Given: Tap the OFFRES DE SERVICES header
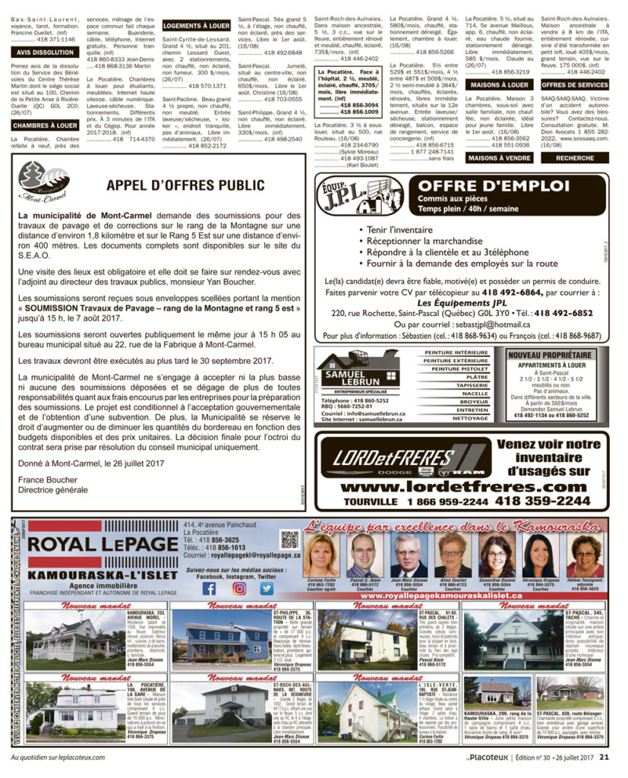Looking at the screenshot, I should click(x=575, y=85).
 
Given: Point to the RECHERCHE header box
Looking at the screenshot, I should click(x=575, y=158).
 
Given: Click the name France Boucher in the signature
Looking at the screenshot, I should click(x=42, y=479).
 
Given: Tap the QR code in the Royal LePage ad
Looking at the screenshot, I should click(x=289, y=540).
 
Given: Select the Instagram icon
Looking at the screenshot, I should click(x=238, y=588).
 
